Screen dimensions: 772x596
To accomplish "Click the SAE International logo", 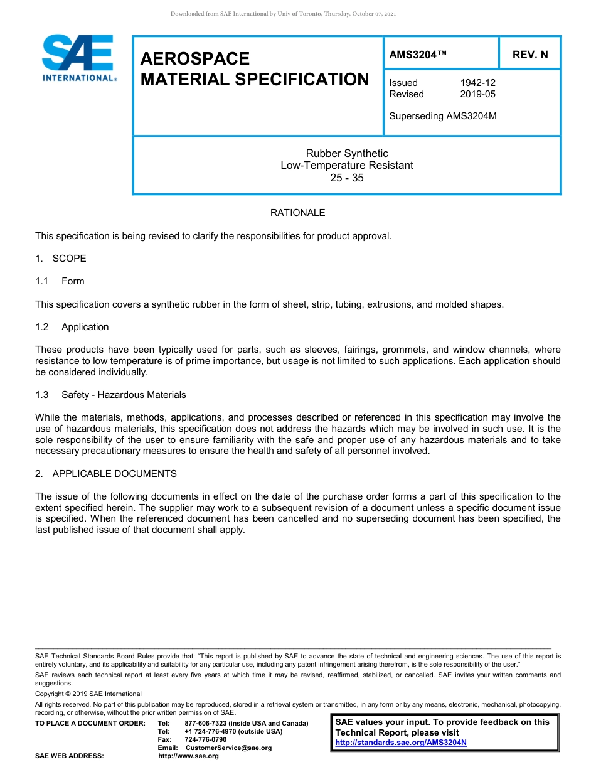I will [78, 58].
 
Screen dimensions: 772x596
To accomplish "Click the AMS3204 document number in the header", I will [418, 55].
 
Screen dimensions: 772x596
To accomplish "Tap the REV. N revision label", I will [529, 55].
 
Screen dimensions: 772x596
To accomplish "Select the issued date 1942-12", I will [477, 83].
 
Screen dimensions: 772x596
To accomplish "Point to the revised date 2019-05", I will [477, 94].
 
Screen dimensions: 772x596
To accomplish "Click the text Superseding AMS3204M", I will [442, 115].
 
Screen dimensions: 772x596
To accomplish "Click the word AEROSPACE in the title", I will [195, 58].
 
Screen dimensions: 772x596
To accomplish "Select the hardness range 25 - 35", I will [347, 178].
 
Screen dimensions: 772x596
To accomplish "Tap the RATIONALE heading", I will [297, 213].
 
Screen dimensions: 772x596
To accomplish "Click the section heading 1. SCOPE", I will [61, 259].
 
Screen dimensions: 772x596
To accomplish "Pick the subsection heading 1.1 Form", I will [60, 281].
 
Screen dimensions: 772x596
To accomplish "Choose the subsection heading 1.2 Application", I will [72, 327].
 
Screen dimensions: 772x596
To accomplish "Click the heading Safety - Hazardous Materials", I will [124, 395].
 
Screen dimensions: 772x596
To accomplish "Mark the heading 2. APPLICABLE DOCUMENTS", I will [106, 474].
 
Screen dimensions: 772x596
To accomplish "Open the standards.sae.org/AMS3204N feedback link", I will [401, 743].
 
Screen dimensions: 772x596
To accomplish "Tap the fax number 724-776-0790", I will [205, 739].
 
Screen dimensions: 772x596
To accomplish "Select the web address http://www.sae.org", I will [188, 756].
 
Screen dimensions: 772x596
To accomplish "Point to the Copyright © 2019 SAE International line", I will [88, 694].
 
